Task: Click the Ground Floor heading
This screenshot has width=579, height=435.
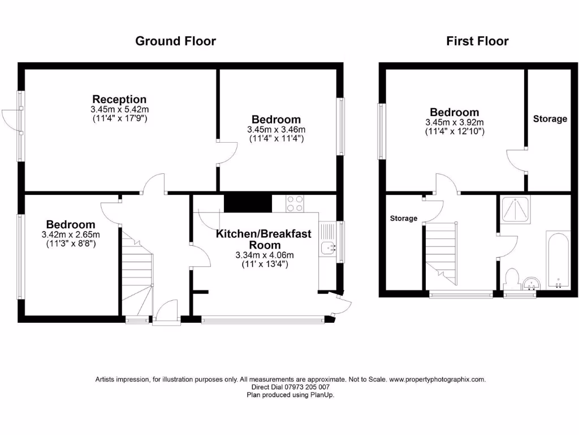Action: click(175, 41)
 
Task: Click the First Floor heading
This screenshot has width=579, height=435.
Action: click(477, 41)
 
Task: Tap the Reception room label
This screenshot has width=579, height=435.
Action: click(119, 100)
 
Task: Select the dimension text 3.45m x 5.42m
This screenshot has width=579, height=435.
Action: click(119, 109)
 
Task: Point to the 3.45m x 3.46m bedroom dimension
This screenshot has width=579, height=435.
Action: click(276, 130)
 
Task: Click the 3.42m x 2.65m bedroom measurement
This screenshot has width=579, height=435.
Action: click(71, 234)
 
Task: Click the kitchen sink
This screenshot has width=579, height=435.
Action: click(327, 248)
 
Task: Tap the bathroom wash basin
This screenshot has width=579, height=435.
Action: click(532, 283)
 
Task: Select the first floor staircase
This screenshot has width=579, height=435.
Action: click(441, 252)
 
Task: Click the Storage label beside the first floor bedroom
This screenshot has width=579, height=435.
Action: click(550, 119)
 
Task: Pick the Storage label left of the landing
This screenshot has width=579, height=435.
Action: click(404, 219)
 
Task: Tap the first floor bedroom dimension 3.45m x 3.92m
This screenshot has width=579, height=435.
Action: click(454, 122)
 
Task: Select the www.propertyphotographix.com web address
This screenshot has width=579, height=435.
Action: click(437, 379)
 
